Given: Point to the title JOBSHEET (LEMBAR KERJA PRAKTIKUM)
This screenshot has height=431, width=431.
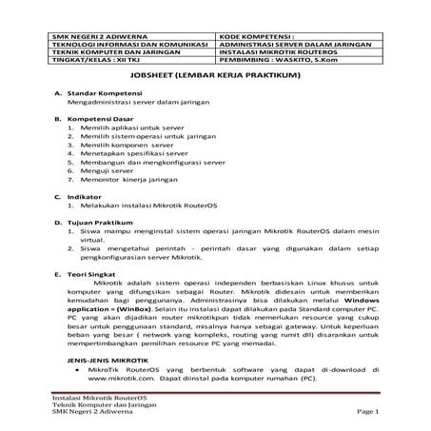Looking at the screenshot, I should [x=216, y=78].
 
